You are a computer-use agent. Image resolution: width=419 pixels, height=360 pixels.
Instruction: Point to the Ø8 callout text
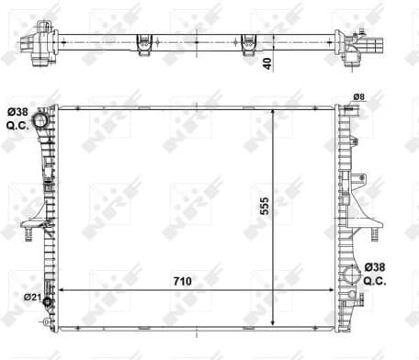pos(358,97)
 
